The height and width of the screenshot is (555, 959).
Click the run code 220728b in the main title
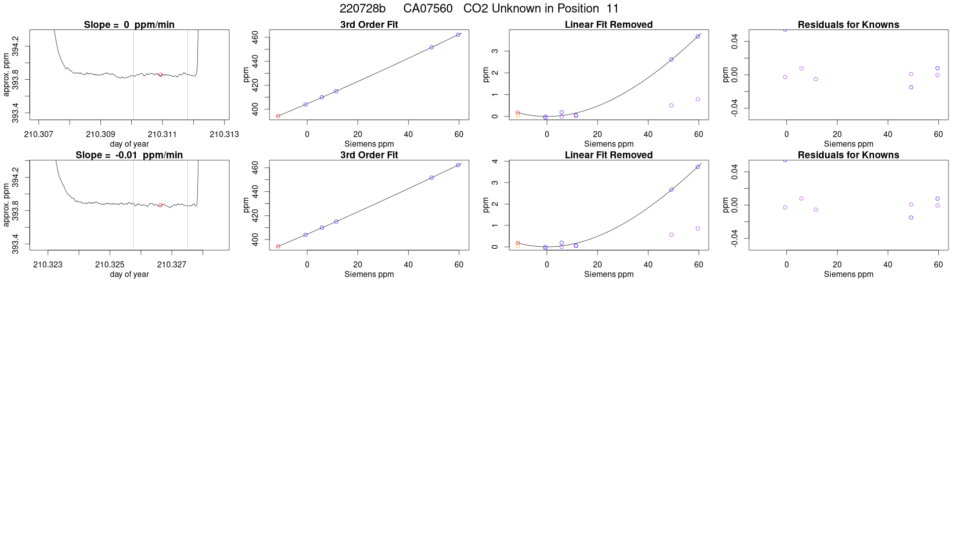point(362,9)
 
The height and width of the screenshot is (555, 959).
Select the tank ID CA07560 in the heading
point(428,9)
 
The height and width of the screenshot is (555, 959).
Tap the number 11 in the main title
point(612,9)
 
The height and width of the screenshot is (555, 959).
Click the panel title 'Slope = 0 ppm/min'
point(129,25)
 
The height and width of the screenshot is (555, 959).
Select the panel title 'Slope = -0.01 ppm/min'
point(129,155)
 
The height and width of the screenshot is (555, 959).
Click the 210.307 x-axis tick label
point(38,134)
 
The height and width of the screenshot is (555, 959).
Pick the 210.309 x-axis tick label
point(100,134)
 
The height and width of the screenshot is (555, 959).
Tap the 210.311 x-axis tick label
point(162,134)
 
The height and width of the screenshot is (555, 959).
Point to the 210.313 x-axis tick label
point(224,134)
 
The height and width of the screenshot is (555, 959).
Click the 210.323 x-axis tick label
point(48,264)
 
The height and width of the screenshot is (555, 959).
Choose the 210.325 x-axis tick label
point(110,264)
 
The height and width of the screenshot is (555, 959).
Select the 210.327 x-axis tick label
point(172,264)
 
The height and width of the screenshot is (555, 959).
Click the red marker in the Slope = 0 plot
point(161,75)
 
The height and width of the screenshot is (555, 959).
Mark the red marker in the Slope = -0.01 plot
point(161,205)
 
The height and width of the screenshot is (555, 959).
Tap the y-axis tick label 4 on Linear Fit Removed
point(495,161)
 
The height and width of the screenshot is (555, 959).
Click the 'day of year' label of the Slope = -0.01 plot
point(129,274)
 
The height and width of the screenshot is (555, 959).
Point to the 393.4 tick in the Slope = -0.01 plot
point(16,244)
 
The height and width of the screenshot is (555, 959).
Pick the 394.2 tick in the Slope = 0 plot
point(16,46)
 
